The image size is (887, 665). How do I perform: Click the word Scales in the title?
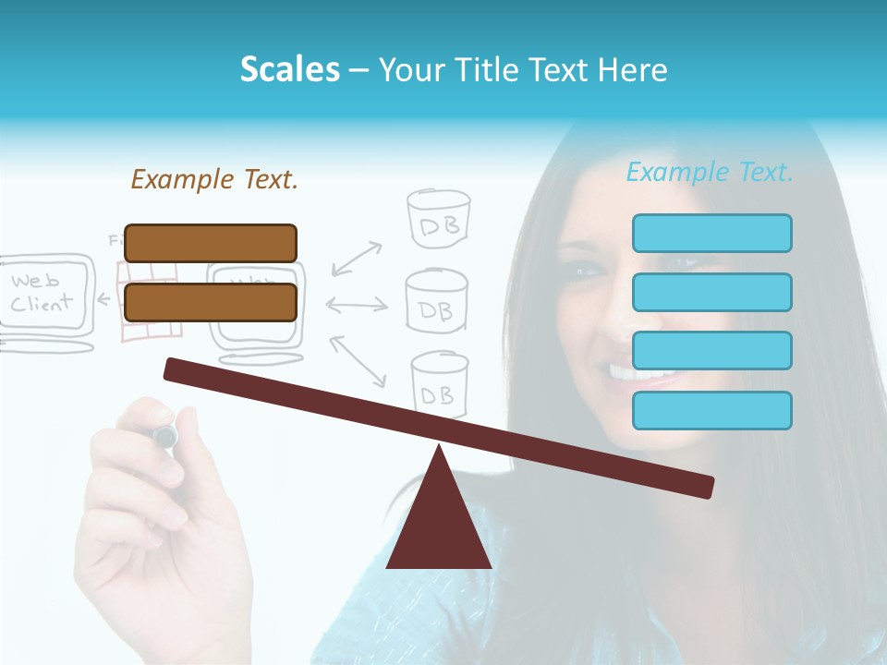[289, 70]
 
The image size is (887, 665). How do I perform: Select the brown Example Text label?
[214, 179]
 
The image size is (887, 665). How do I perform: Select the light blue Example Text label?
[710, 173]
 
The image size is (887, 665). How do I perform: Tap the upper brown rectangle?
[211, 243]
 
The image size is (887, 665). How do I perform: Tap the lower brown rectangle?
[211, 302]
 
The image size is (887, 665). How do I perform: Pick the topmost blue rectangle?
[711, 233]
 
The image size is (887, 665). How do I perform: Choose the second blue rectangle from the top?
[711, 292]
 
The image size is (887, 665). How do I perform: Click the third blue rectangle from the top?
[711, 351]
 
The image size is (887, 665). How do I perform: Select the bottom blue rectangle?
[711, 410]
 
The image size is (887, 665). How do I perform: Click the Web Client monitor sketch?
[46, 296]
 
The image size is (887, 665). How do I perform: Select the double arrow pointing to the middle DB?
[357, 304]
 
